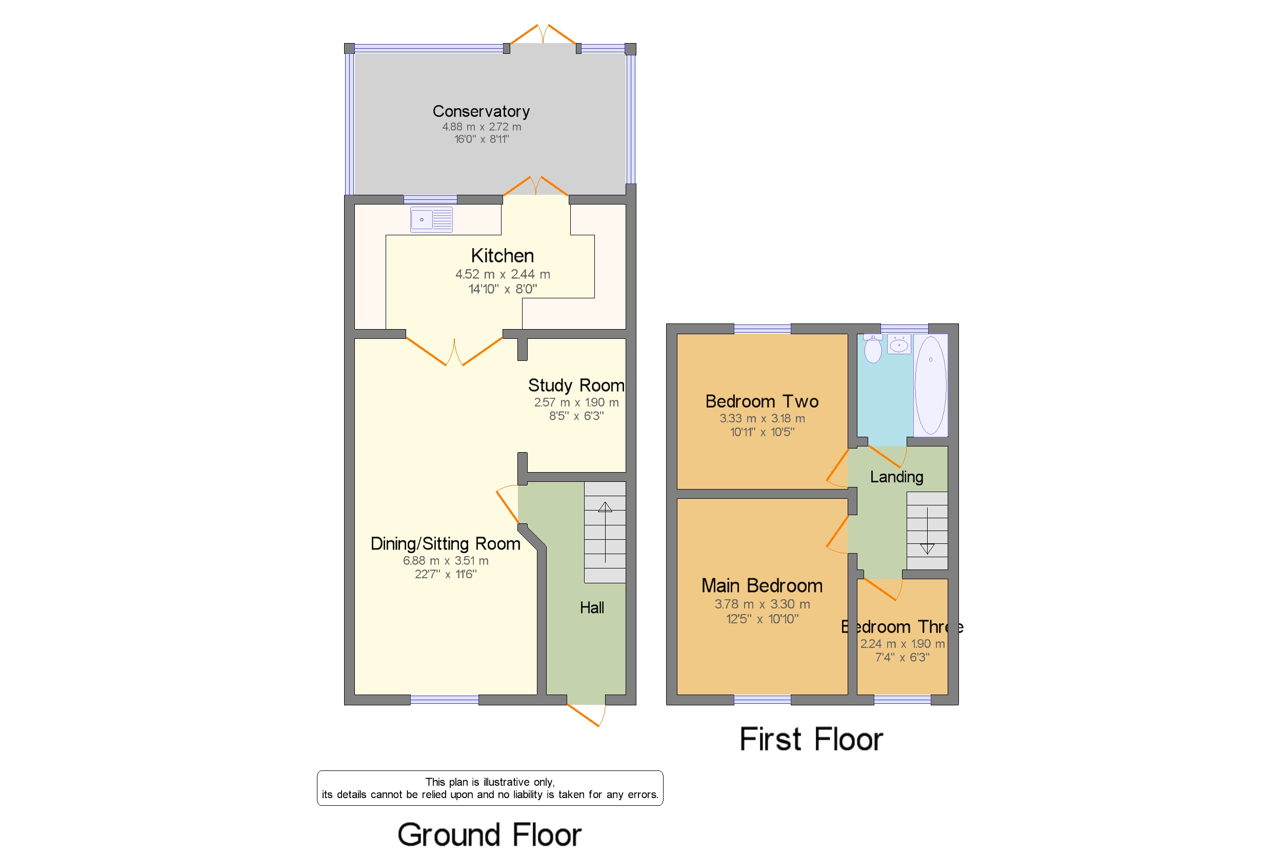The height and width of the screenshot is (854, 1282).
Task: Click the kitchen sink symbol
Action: pos(430,220)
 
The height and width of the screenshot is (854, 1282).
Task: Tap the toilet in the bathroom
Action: pos(872,349)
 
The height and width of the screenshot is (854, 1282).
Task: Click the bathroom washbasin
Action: pos(898,345)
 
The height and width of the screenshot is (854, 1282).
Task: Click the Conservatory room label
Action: pos(480,112)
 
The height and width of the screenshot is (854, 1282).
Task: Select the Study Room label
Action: pos(575,385)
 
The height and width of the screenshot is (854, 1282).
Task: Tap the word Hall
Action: pos(591,608)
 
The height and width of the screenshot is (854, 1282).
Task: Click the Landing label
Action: pos(896,477)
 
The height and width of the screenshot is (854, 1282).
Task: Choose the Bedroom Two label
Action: pos(761,401)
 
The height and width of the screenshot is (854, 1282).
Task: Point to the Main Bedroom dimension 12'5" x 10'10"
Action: pos(762,619)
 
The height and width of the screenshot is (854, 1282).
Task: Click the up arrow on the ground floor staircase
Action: pos(605,507)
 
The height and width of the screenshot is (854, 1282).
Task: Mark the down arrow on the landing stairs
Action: pos(926,548)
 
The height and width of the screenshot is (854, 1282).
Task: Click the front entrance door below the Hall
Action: pos(586,714)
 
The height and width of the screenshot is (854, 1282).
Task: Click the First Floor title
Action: pos(810,740)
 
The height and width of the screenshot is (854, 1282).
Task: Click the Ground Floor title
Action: pos(489,835)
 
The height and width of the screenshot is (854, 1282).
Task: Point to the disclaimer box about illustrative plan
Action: pos(489,788)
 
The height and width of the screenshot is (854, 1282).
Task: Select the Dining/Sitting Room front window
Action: pos(444,700)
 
